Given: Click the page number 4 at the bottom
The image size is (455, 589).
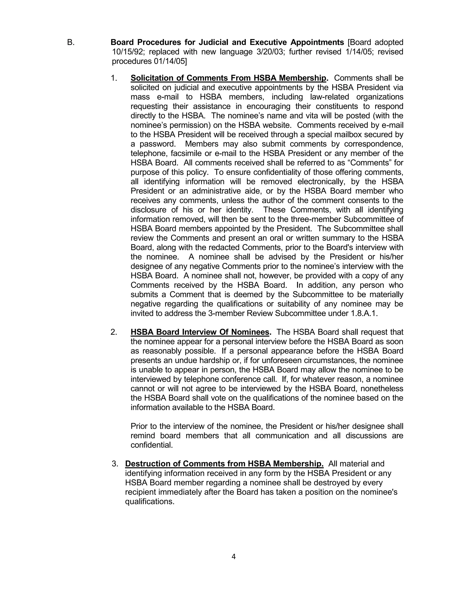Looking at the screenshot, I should (x=233, y=556).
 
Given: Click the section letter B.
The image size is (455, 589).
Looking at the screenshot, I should (x=71, y=42).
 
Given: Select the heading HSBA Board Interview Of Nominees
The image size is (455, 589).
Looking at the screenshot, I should (x=200, y=332).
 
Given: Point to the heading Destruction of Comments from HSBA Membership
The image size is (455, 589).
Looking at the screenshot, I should (x=224, y=464).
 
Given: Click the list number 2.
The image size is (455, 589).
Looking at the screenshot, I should (x=114, y=332).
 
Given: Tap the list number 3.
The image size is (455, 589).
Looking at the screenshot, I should (x=115, y=464).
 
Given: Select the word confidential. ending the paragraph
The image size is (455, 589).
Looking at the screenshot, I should (x=152, y=445).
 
